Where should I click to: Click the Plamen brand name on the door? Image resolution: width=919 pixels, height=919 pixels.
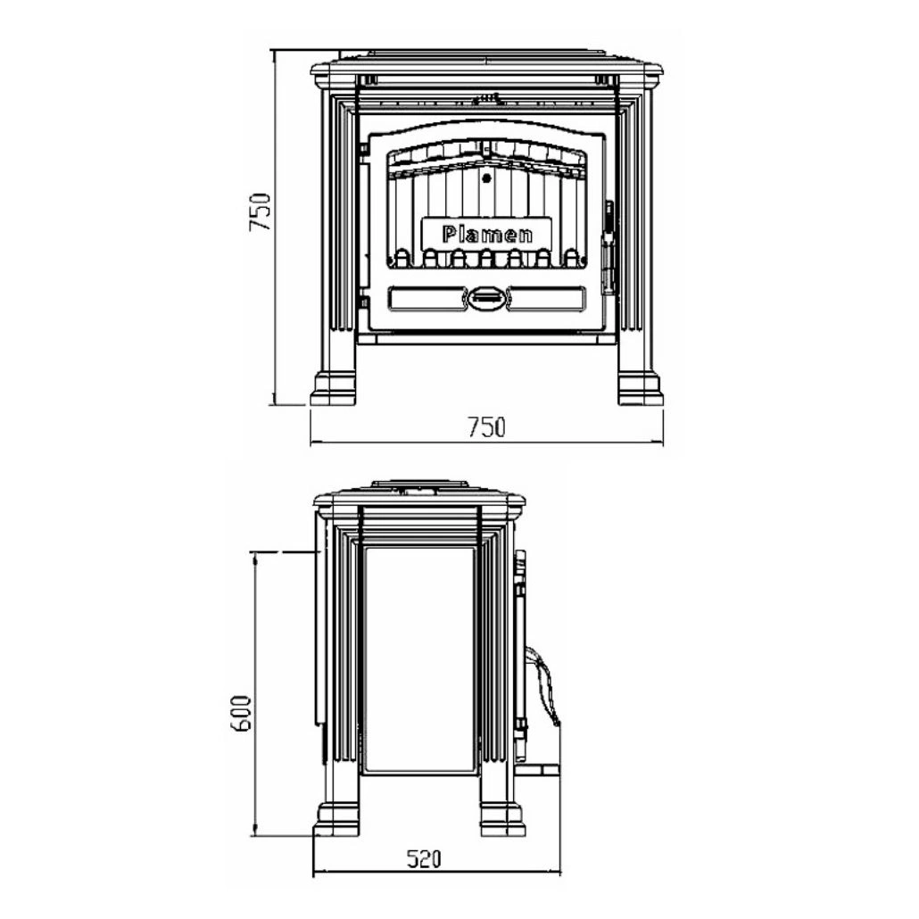coord(487,235)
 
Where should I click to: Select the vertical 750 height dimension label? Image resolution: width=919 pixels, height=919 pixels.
coord(260,211)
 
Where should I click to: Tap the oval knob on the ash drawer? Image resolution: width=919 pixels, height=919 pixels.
coord(487,296)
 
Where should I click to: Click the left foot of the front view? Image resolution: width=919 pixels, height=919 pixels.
coord(333,386)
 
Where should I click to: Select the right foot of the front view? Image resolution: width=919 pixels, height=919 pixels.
coord(641,386)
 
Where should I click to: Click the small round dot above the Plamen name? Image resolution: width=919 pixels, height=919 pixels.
coord(486,178)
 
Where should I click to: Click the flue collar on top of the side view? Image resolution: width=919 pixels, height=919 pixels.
coord(419,486)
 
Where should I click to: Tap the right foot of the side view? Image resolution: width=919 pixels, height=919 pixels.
coord(501,819)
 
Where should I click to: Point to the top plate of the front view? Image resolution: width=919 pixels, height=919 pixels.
coord(486,68)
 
